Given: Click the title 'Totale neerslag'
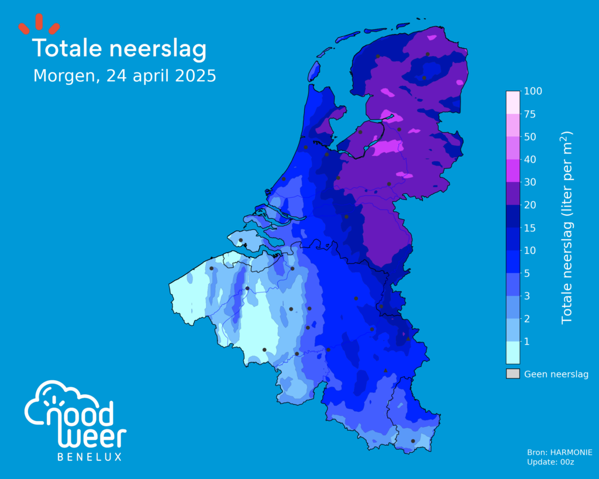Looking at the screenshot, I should [x=119, y=49].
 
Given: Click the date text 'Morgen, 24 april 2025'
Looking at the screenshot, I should [x=125, y=76].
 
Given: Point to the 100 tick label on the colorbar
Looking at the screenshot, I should [x=534, y=91].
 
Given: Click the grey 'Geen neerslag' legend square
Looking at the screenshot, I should [x=512, y=374].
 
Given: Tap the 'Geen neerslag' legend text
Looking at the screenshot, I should [x=556, y=374].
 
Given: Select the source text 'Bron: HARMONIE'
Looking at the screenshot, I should [x=560, y=452].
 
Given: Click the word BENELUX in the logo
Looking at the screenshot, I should [x=89, y=457].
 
